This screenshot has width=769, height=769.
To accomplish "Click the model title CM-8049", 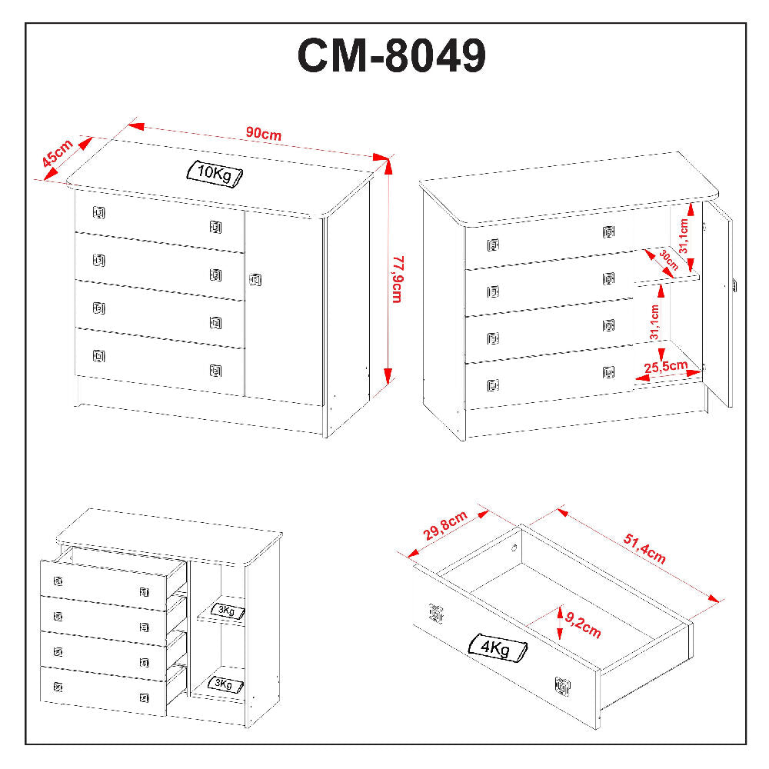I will tap(391, 56).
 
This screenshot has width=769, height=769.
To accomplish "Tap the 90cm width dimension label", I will tap(263, 133).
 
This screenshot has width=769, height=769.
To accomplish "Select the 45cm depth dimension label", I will tap(57, 154).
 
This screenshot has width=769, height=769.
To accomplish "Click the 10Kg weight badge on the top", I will tap(215, 173).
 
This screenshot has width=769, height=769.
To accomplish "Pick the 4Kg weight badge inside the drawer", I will tap(497, 648).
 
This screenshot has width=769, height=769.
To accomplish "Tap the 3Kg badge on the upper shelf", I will tap(228, 611).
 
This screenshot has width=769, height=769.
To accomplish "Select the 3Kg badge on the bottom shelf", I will tap(227, 684).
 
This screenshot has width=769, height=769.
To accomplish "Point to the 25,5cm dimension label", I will tap(666, 366).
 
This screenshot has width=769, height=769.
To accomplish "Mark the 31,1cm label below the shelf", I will tap(654, 323).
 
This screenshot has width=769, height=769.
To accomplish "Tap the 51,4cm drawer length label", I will tap(644, 550).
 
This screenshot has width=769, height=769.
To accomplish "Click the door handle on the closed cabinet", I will tap(255, 280).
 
